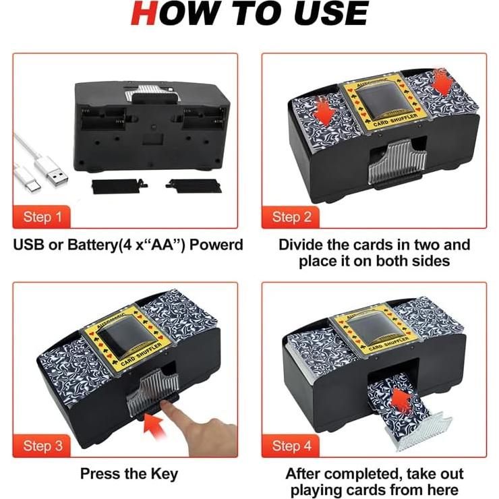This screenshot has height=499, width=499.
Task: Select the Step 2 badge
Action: (291, 216)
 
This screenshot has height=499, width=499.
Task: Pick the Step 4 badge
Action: (291, 446)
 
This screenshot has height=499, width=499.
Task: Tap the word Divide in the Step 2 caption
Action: (301, 244)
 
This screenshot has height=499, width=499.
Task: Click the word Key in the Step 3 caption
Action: (165, 473)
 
